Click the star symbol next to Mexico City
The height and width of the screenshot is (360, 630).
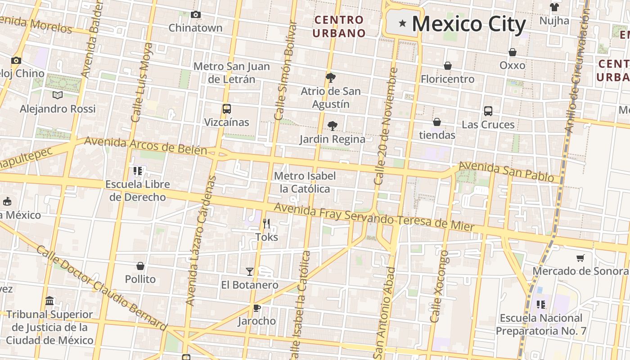(x=402, y=23)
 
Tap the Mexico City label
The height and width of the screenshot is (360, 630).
(x=468, y=24)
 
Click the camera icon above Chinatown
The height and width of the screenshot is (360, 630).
(x=195, y=14)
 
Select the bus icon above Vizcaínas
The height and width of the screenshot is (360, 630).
(x=226, y=109)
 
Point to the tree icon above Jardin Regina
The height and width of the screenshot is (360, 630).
(x=333, y=126)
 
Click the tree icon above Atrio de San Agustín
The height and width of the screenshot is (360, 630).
(x=331, y=78)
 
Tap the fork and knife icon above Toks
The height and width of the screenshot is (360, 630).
(x=266, y=224)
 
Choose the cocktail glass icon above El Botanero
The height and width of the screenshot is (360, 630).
(x=250, y=271)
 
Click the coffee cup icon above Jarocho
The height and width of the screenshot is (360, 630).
(x=256, y=308)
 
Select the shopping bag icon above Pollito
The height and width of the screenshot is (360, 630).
(x=140, y=266)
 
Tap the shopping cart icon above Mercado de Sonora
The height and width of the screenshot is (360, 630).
(x=580, y=258)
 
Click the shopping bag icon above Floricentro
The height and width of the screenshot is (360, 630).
(x=447, y=66)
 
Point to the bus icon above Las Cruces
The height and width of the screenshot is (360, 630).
(x=488, y=111)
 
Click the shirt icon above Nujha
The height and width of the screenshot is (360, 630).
(x=554, y=7)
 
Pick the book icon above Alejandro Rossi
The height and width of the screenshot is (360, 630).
(x=58, y=95)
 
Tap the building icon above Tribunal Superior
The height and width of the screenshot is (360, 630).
(x=49, y=301)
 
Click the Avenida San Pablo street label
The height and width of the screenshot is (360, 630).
(x=506, y=172)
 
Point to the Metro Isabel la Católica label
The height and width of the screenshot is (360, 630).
(x=305, y=182)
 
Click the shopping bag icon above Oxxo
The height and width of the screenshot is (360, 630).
(x=512, y=52)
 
